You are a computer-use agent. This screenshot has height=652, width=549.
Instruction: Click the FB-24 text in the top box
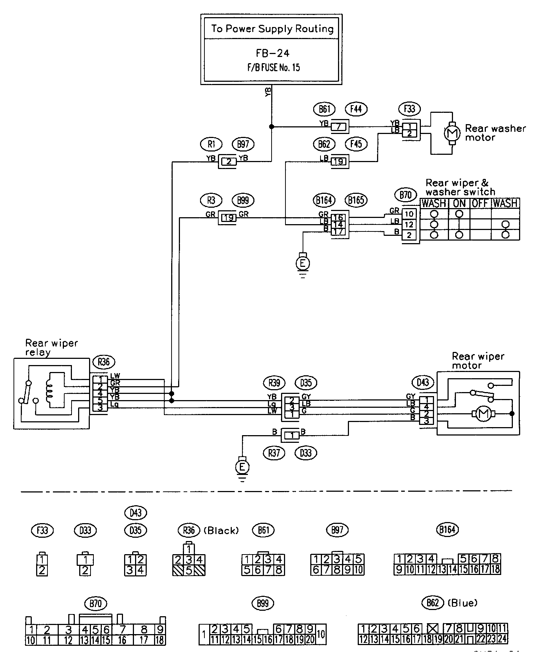point(272,53)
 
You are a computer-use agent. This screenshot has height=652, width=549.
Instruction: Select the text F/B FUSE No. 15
point(273,68)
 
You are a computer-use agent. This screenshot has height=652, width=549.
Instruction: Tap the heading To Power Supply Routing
point(272,29)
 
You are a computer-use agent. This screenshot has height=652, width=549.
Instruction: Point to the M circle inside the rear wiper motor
point(483,414)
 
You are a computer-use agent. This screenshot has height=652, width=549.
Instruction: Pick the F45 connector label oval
point(356,144)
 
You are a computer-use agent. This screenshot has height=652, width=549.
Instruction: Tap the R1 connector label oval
point(211,144)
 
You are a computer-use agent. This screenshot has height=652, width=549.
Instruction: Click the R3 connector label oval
point(211,200)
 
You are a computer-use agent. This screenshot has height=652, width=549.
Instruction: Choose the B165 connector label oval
point(356,200)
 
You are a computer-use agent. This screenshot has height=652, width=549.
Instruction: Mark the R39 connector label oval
point(274,383)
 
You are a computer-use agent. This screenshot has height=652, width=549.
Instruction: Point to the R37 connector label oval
point(274,453)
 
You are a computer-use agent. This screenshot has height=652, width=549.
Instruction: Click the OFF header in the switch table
point(480,203)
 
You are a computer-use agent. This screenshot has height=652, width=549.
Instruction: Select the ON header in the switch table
point(460,203)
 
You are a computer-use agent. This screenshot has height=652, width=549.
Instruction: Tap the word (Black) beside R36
point(220,530)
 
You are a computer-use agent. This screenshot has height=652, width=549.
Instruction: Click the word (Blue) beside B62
point(462,603)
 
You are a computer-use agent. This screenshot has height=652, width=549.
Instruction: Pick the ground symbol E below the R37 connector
point(242,467)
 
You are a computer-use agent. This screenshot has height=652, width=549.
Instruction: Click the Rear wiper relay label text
point(51,348)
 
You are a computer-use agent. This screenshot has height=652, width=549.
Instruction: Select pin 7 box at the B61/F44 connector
point(339,127)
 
